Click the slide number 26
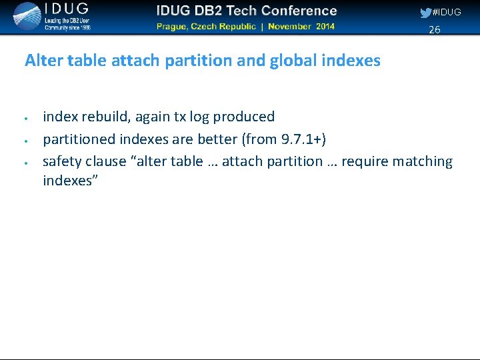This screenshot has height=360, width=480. coord(434,29)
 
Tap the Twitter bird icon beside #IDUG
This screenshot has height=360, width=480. coord(425,13)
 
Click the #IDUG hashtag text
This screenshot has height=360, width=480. coord(447,13)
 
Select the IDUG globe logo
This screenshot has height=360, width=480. coord(27,17)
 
